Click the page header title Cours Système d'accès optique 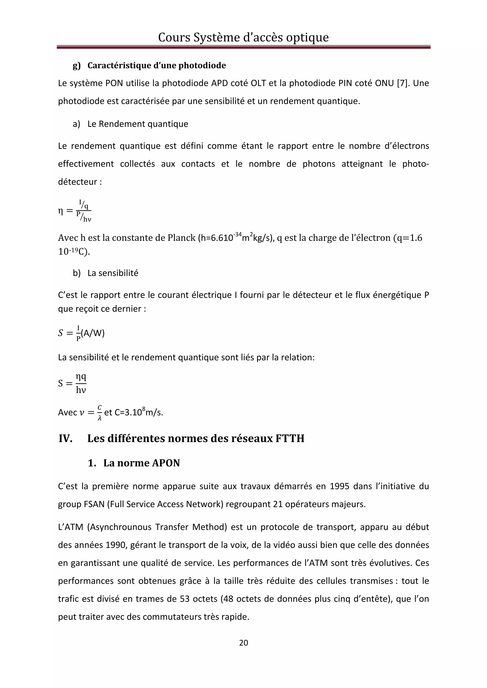243,38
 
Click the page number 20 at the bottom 243,642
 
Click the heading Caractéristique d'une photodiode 157,65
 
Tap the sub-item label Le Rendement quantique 138,124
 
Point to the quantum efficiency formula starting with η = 75,211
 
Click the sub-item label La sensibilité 113,273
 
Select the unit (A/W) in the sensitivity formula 93,333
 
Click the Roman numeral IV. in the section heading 66,438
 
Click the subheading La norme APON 141,463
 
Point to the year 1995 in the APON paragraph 339,486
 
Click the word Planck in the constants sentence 181,238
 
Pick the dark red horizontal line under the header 243,47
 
